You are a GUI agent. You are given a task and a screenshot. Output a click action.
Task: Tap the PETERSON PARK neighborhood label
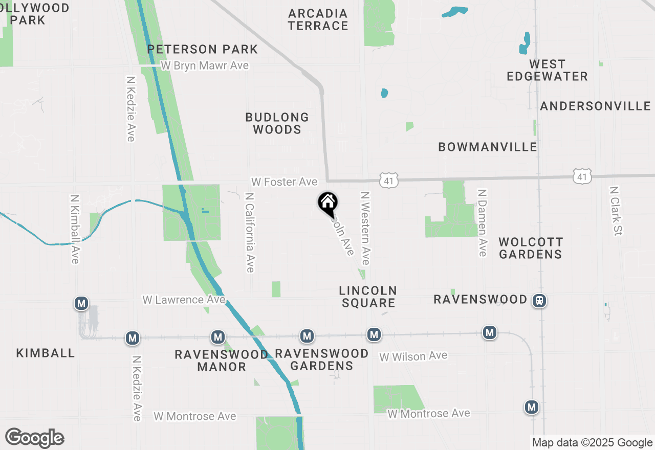coord(203,49)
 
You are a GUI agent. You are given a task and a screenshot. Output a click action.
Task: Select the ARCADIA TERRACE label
coord(318,19)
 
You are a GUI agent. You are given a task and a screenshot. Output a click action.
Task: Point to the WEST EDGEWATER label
coord(547,70)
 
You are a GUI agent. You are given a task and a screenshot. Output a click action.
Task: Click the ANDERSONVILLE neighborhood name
coord(595,106)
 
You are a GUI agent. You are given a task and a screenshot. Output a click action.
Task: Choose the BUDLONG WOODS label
coord(277,123)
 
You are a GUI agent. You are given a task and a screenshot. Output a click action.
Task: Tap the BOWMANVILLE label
coord(488,147)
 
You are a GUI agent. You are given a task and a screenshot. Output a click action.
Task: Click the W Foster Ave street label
coord(284,182)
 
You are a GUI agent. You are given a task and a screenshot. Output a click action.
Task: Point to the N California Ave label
coord(249,232)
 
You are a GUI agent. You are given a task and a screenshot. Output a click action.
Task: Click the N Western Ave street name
coord(365,228)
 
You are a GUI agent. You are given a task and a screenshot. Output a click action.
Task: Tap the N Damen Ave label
coord(482,222)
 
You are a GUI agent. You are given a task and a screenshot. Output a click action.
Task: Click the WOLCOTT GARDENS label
coord(531,247)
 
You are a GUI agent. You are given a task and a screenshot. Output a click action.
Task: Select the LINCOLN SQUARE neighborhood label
coord(368,297)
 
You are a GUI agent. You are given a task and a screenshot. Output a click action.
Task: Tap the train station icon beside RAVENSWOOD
coord(539,301)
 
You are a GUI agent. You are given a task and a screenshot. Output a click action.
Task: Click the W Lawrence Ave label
coord(184,300)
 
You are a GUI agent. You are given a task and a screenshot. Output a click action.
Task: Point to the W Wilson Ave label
coord(413,356)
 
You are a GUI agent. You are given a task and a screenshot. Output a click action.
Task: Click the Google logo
coord(34,438)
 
